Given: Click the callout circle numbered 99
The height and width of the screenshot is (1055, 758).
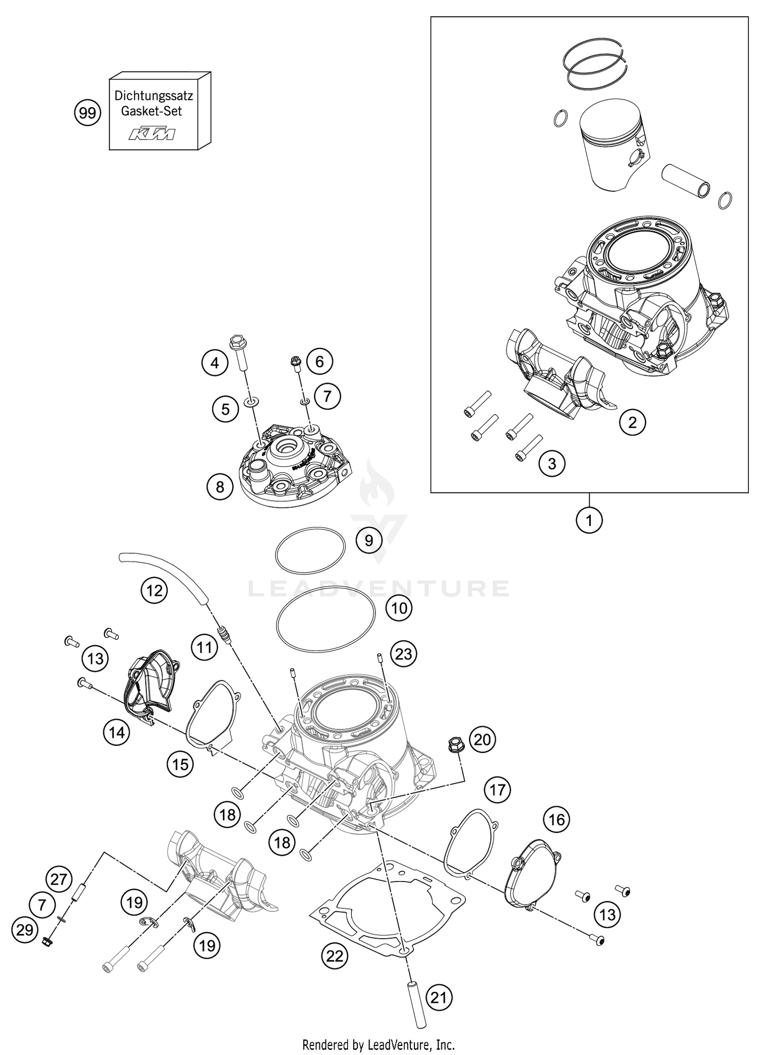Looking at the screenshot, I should click(x=87, y=113).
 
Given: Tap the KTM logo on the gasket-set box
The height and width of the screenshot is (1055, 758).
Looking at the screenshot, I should click(x=152, y=134).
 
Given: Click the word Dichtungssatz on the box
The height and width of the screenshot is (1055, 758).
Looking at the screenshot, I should click(x=154, y=95).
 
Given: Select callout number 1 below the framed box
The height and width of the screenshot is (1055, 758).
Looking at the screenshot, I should click(x=589, y=519).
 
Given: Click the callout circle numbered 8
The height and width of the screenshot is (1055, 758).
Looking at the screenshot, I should click(x=220, y=487).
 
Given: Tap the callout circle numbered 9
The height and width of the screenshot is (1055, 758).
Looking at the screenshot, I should click(x=369, y=541).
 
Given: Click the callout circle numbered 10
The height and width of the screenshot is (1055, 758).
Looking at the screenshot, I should click(x=399, y=608).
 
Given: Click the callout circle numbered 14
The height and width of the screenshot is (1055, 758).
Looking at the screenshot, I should click(x=117, y=731).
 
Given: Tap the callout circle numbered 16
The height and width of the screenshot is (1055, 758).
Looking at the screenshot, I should click(x=556, y=819).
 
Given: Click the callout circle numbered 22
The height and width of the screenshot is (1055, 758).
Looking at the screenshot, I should click(x=335, y=956).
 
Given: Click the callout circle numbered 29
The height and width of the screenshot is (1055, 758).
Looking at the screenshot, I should click(x=25, y=930).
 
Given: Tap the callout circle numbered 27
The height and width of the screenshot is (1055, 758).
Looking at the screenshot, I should click(x=59, y=879).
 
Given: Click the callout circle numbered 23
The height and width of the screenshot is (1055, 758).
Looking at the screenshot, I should click(x=403, y=654).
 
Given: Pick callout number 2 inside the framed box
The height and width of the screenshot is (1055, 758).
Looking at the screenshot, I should click(x=632, y=422).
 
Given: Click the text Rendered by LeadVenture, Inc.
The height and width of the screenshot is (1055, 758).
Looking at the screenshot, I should click(x=378, y=1044).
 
